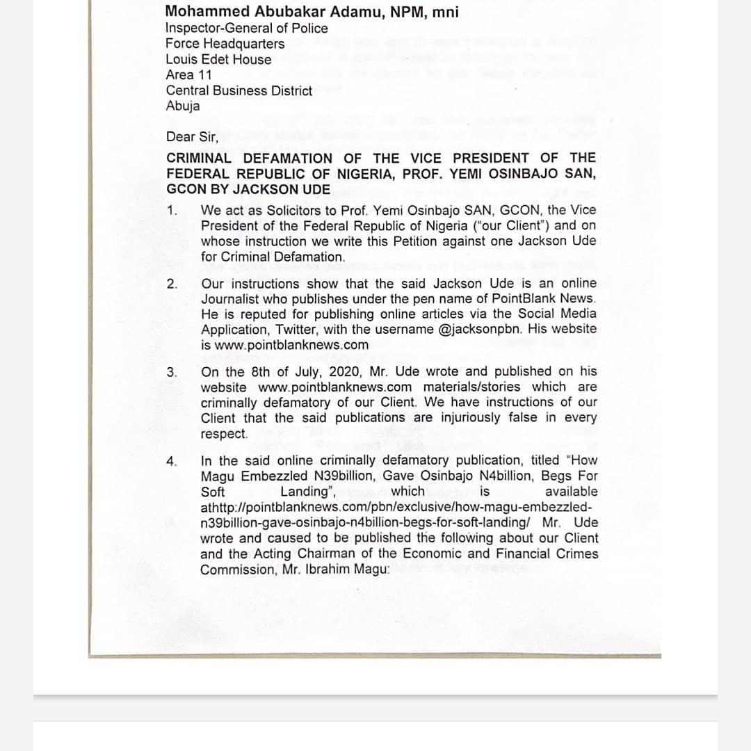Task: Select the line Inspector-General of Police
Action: click(246, 29)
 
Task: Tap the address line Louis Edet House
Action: click(218, 59)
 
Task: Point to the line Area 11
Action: click(189, 75)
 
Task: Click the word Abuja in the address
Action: click(183, 106)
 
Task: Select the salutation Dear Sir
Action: click(192, 137)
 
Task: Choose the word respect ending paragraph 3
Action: click(224, 434)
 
